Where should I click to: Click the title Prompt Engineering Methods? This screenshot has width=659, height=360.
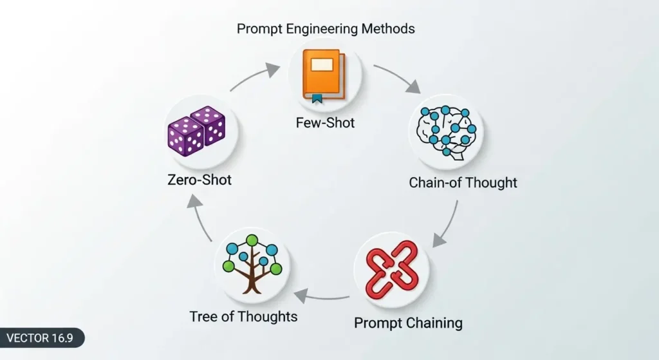[x=325, y=28]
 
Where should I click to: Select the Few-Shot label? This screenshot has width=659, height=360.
[x=325, y=122]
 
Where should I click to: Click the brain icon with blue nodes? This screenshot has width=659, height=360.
[x=445, y=131]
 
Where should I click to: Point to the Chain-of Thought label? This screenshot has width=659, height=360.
[x=463, y=183]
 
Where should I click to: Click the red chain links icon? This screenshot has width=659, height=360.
[x=392, y=269]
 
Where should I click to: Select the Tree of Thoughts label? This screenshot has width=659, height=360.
[x=243, y=316]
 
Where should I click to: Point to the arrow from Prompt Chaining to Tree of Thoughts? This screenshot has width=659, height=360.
[x=322, y=297]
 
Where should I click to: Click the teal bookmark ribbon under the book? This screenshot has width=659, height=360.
[x=316, y=99]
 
